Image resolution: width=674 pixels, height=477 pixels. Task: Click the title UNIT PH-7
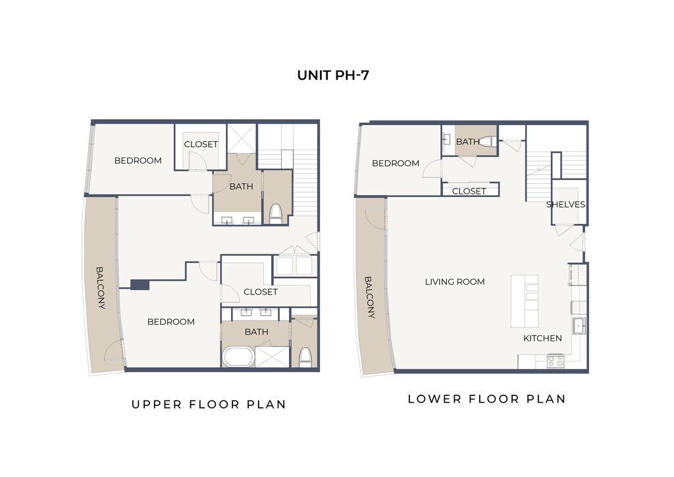(333, 75)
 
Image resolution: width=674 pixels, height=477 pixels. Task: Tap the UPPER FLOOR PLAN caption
(209, 405)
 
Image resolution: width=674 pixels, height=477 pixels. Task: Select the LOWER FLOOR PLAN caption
(486, 399)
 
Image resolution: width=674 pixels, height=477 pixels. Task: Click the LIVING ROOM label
(455, 282)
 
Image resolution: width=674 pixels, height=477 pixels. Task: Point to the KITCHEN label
(542, 338)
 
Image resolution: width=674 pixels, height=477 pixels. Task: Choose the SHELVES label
(565, 204)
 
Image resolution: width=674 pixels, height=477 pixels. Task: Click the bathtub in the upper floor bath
(238, 356)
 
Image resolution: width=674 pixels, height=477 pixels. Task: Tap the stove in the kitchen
(556, 361)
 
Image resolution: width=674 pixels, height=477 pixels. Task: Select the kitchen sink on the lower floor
(579, 325)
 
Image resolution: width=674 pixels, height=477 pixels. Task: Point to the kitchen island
(525, 301)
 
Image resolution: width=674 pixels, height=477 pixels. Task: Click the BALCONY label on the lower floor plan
(370, 297)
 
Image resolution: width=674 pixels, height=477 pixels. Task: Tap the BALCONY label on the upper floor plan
(100, 288)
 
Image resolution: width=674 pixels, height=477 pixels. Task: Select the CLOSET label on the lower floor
(469, 191)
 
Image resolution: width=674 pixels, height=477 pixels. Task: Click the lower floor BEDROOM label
(396, 163)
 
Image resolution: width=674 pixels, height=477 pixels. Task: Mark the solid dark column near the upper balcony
(140, 285)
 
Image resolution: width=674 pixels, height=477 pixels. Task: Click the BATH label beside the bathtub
(256, 331)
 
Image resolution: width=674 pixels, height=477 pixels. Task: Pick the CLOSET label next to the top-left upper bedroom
(201, 144)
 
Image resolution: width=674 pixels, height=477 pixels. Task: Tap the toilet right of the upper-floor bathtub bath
(305, 358)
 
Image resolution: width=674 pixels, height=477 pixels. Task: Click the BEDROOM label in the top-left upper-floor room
(138, 161)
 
